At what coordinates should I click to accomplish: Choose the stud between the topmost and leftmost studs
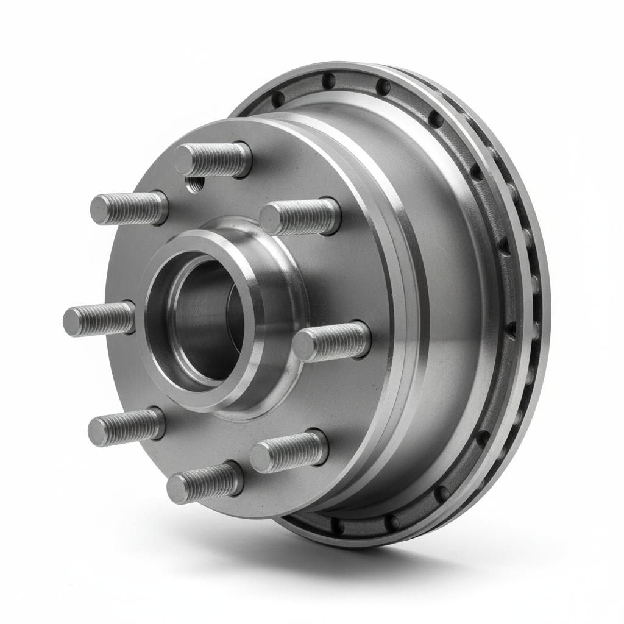[x=129, y=208]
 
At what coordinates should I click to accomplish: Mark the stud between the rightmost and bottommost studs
[x=289, y=452]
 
